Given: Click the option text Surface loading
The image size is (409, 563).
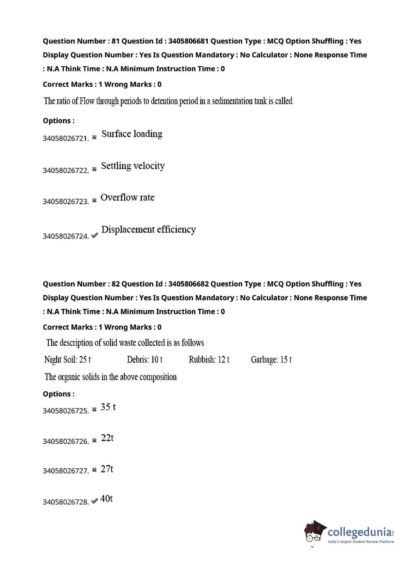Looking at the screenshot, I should (x=132, y=134).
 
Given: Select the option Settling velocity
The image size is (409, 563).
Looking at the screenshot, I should (x=133, y=166).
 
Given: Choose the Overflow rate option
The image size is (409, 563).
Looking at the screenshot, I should (x=127, y=198).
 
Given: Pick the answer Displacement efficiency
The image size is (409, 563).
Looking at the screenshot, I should (x=148, y=230).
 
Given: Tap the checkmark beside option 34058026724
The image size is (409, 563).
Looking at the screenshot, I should (x=94, y=236).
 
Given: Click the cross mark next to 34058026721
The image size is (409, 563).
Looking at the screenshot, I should (x=94, y=137).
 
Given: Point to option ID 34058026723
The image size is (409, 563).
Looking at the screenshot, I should (x=65, y=201).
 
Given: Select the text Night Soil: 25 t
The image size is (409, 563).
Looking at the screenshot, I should (x=67, y=360).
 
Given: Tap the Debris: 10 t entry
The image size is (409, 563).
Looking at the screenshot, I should (x=144, y=360).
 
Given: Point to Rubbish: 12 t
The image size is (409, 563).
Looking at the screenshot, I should (x=209, y=360).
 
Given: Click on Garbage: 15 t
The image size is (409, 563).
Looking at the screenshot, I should (x=271, y=360).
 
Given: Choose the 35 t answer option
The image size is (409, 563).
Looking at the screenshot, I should (x=108, y=407).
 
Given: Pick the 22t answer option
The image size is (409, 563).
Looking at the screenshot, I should (x=107, y=438).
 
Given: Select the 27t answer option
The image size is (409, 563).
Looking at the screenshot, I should (x=107, y=469).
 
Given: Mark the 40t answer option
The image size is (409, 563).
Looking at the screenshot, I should (x=106, y=499).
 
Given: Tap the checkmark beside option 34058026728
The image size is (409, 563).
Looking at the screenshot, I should (x=94, y=501).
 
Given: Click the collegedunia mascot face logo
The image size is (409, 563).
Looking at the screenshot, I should (x=314, y=532).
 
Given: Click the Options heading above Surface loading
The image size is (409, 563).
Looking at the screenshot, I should (x=58, y=121).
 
